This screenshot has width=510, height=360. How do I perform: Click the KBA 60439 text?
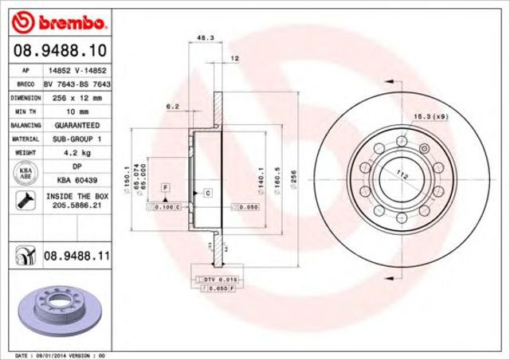(x=76, y=181)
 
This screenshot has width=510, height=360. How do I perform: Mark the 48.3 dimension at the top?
(x=204, y=37)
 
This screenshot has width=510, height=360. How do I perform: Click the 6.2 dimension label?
(x=172, y=106)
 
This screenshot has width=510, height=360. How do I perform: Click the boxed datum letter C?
(x=207, y=193)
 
